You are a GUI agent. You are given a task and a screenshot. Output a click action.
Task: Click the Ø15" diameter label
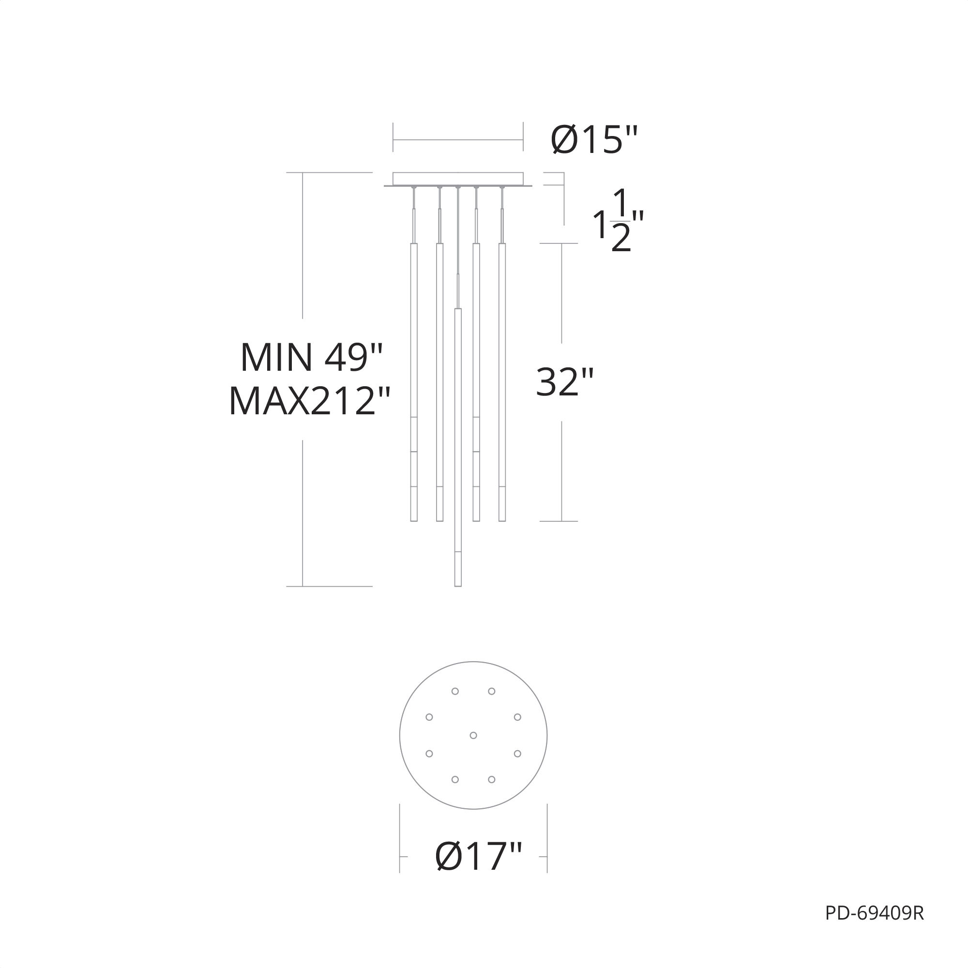594,140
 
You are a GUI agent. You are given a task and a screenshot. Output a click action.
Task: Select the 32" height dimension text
565,382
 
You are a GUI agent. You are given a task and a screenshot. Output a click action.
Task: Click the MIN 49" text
311,357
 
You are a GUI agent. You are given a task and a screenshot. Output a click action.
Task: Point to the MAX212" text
309,401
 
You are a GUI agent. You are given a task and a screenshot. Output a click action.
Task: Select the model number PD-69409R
874,927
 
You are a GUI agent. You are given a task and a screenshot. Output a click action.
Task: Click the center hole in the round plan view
473,736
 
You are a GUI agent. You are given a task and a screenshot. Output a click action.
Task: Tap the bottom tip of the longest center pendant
458,586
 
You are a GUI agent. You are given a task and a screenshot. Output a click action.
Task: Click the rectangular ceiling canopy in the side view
458,179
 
